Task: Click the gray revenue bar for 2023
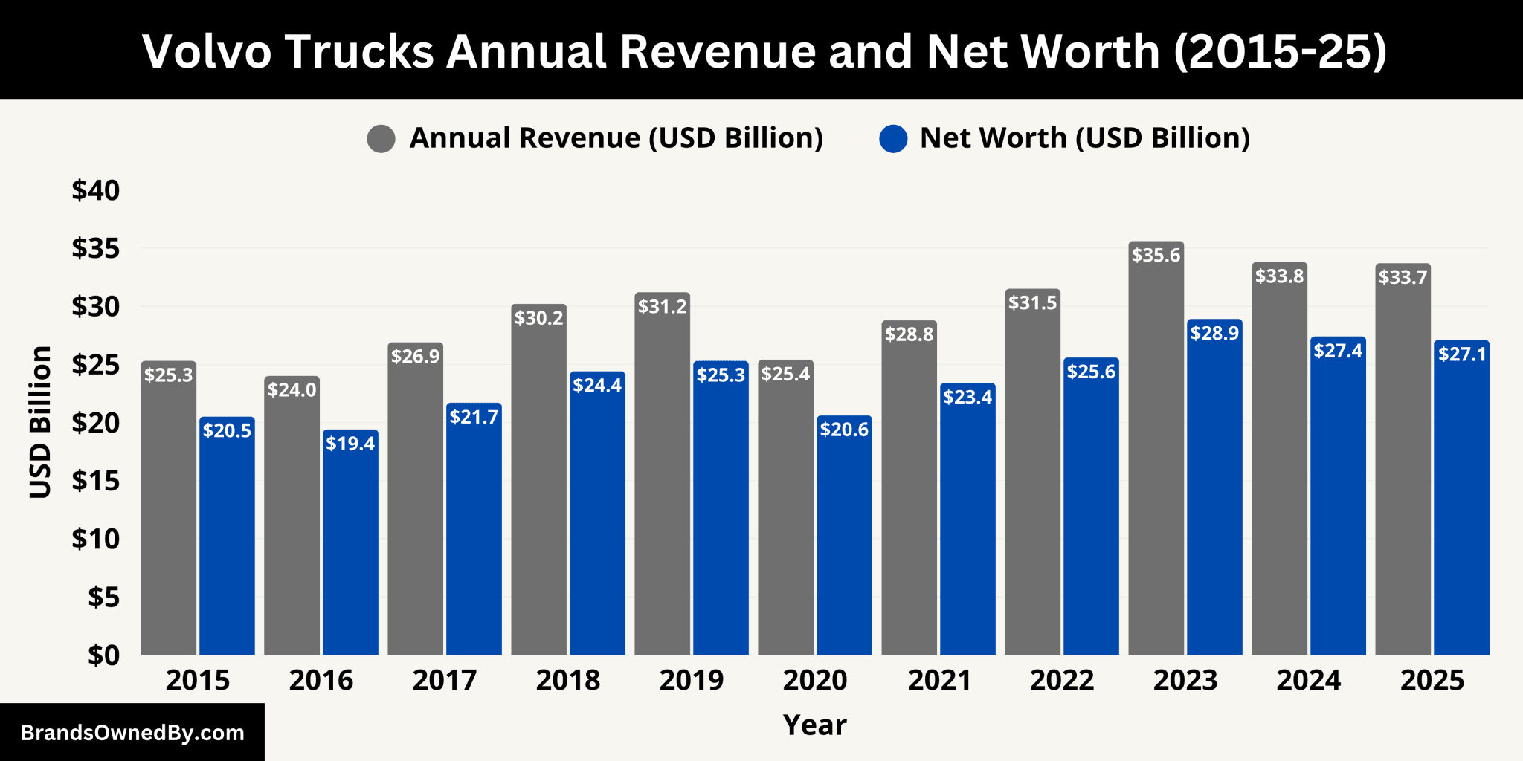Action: (x=1156, y=461)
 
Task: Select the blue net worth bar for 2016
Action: (x=350, y=550)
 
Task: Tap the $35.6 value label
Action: (x=1156, y=256)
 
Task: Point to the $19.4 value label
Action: (x=350, y=444)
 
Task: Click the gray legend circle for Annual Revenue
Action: (x=381, y=139)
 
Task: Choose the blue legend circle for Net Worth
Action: (x=892, y=139)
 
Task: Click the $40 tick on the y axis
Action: (x=96, y=190)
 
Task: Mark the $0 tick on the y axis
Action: (x=103, y=655)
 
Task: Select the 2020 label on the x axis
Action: (x=815, y=680)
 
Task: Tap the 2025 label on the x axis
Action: (x=1432, y=680)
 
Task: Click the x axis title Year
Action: (x=815, y=725)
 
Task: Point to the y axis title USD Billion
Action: (x=41, y=422)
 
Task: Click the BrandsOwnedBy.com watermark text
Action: (x=132, y=733)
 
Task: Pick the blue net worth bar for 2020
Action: (x=844, y=543)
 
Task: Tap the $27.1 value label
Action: (x=1462, y=354)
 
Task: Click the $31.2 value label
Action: (x=662, y=307)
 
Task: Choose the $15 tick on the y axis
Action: (x=96, y=481)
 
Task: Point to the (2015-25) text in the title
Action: (x=1280, y=51)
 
